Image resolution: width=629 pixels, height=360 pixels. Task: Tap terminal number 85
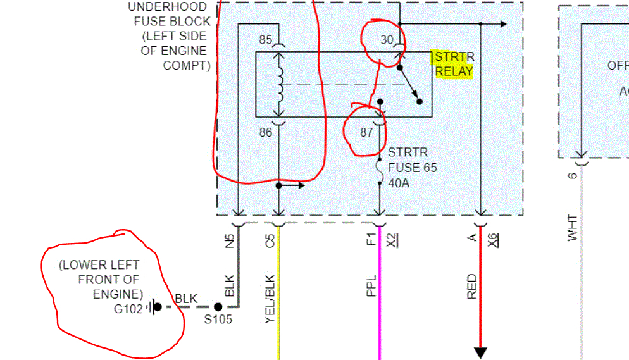point(265,40)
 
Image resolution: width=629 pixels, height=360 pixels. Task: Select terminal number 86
point(265,132)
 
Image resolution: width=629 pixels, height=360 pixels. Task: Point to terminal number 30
point(387,40)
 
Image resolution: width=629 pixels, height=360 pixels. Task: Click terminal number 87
point(366,132)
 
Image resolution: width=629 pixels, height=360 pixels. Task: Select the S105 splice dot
point(218,307)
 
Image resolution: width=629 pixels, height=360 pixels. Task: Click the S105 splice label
point(218,320)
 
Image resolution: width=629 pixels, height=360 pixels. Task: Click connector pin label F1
point(372,240)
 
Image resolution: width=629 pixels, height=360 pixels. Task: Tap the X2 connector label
point(392,240)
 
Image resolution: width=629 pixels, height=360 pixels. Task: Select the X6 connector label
point(493,240)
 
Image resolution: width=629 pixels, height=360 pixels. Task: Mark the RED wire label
point(472,286)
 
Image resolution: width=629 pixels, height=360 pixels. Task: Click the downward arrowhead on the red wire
point(480,352)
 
